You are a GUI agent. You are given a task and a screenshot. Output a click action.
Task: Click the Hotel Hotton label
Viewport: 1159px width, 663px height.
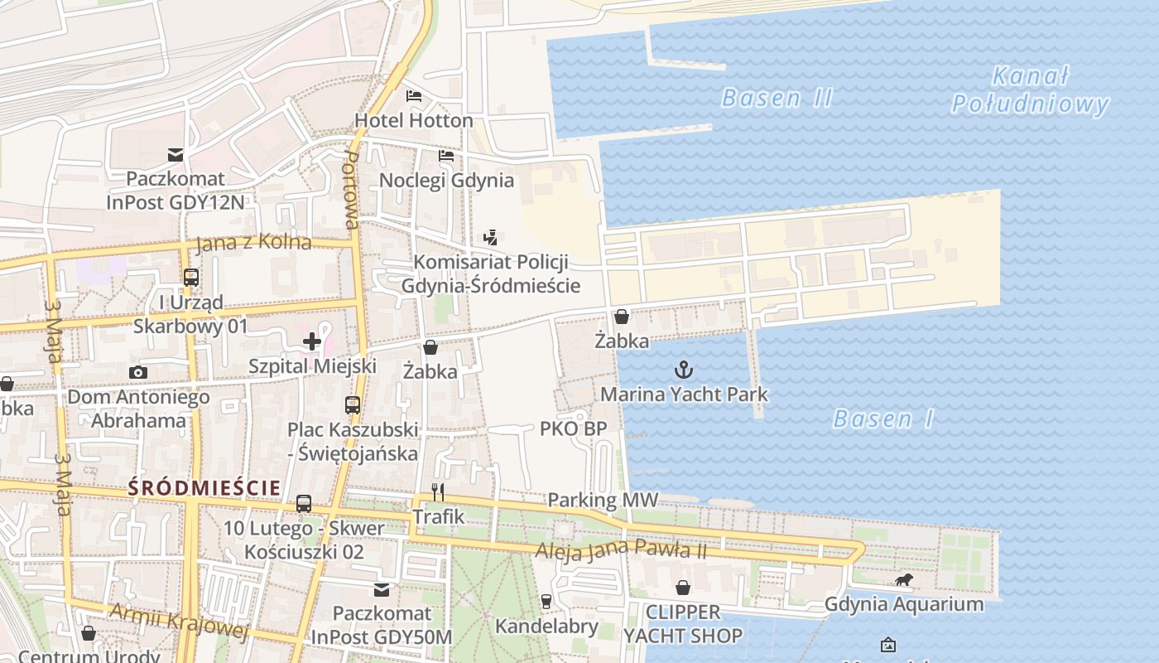(x=414, y=121)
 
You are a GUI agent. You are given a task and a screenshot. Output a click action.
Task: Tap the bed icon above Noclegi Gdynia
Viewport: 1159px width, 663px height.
(x=446, y=155)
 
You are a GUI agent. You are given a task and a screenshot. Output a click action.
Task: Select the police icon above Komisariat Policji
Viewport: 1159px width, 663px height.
(x=491, y=238)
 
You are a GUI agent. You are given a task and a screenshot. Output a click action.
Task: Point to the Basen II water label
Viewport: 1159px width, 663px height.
(x=777, y=98)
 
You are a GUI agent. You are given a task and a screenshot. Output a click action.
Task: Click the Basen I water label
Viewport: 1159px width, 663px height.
(x=883, y=419)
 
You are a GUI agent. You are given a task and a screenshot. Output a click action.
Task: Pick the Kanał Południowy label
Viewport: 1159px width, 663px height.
(x=1029, y=90)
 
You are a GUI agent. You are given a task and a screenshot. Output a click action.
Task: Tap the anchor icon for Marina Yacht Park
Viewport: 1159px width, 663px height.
(x=684, y=370)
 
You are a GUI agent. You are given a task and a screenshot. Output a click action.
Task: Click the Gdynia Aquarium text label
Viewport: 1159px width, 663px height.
(x=904, y=604)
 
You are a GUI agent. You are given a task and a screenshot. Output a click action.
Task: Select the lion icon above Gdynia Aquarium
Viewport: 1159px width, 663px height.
(x=904, y=580)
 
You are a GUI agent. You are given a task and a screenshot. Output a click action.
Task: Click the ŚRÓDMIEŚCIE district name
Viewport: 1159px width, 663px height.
(x=204, y=488)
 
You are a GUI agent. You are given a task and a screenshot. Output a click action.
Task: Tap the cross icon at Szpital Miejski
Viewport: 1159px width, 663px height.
(x=312, y=341)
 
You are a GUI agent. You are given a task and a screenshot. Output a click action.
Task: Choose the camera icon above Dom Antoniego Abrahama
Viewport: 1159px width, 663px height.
(x=138, y=373)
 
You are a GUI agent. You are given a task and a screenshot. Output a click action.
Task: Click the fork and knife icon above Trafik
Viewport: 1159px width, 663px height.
(x=438, y=492)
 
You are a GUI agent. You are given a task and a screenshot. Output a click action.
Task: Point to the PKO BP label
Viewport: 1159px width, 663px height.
(x=573, y=428)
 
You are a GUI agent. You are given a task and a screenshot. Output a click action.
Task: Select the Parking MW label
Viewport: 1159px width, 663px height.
(x=603, y=500)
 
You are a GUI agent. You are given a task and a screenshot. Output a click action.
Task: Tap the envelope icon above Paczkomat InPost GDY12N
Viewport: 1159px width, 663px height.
(x=176, y=154)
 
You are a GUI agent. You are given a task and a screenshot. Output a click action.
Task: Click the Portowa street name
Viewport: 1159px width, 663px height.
(x=350, y=190)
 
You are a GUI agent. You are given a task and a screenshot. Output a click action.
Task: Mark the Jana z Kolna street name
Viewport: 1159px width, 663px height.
(x=253, y=243)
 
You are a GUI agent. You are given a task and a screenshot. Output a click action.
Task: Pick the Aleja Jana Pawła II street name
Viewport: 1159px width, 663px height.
(x=621, y=549)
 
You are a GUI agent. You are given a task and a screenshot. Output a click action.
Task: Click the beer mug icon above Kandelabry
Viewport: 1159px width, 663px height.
(x=546, y=601)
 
